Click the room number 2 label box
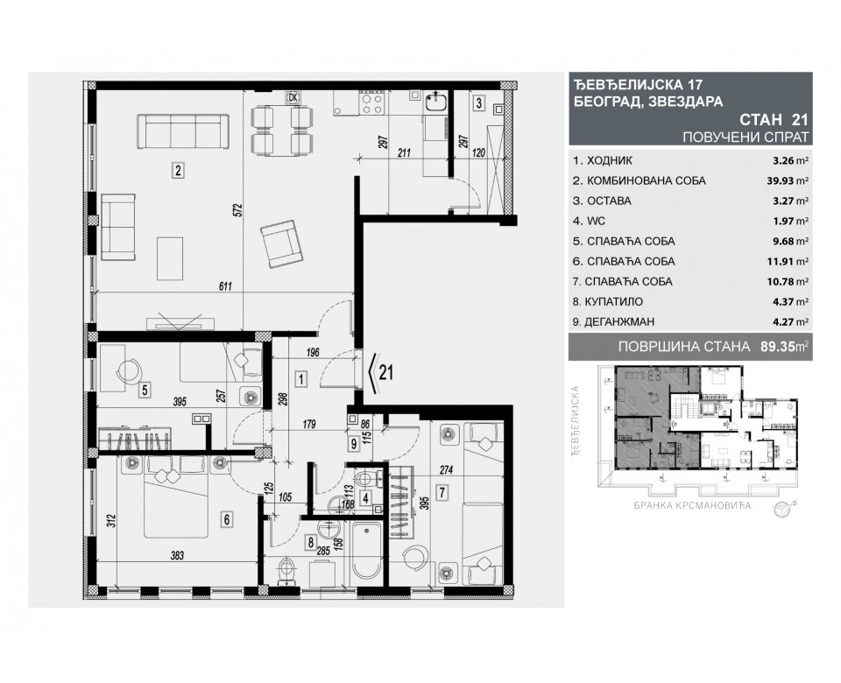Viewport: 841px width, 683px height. (177, 172)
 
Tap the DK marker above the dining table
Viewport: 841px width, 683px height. (293, 97)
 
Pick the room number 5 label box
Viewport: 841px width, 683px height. (145, 390)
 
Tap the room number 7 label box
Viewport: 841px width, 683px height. (442, 492)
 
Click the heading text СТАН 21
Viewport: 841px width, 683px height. (774, 121)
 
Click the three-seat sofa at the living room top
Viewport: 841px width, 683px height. (182, 134)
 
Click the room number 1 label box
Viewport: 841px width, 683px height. (300, 380)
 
